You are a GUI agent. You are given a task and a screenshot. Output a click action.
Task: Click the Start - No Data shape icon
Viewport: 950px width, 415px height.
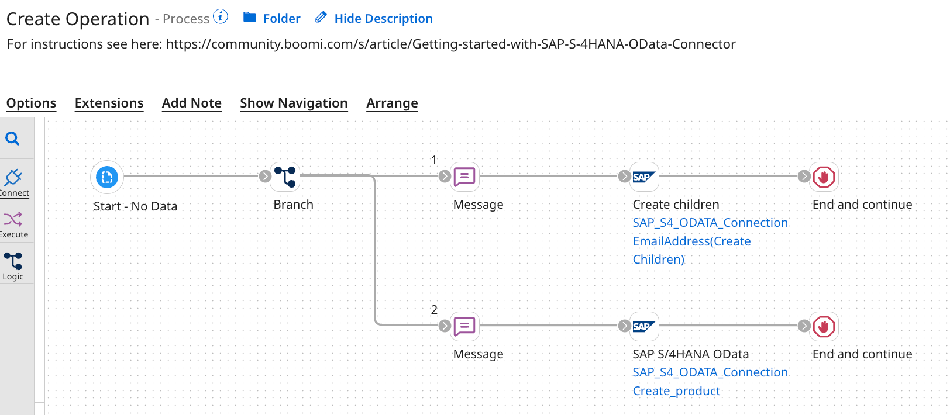(x=107, y=177)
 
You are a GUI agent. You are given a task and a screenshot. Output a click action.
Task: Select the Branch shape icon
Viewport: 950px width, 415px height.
(x=285, y=177)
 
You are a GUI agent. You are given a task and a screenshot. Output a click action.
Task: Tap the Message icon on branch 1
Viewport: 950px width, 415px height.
(x=464, y=177)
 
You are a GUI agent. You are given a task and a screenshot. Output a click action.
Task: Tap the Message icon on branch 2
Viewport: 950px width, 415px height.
(x=464, y=326)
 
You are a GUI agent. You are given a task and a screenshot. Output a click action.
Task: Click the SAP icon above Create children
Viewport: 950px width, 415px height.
(x=644, y=177)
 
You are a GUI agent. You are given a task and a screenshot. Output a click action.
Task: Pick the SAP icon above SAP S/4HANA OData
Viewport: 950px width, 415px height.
(x=644, y=326)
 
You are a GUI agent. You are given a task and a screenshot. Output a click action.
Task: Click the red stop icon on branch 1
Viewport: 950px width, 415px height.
(x=824, y=177)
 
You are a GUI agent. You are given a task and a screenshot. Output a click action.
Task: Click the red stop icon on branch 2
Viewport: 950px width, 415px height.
(x=824, y=326)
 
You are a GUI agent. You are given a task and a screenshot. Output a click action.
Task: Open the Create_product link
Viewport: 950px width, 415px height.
(x=676, y=391)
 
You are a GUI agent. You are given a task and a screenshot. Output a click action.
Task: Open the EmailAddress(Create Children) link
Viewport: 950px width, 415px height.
(x=691, y=241)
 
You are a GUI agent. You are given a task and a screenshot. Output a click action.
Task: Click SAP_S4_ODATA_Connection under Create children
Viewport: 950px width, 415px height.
(x=710, y=223)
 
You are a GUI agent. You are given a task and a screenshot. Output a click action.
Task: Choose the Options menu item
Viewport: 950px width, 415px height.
(x=31, y=103)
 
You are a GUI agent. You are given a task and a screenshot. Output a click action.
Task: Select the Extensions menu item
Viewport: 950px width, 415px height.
(x=109, y=103)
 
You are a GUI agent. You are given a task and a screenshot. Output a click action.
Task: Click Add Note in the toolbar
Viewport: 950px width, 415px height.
(x=191, y=103)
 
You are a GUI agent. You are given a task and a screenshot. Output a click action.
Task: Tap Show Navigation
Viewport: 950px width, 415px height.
(x=294, y=103)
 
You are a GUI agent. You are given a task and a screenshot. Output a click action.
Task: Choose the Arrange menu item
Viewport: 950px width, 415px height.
(x=392, y=103)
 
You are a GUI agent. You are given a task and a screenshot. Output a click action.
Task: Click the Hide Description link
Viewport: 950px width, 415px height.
(x=383, y=19)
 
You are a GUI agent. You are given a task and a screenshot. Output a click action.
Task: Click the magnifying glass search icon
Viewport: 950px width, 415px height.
(x=12, y=139)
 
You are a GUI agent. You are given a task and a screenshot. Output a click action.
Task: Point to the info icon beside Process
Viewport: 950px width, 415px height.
(x=221, y=16)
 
